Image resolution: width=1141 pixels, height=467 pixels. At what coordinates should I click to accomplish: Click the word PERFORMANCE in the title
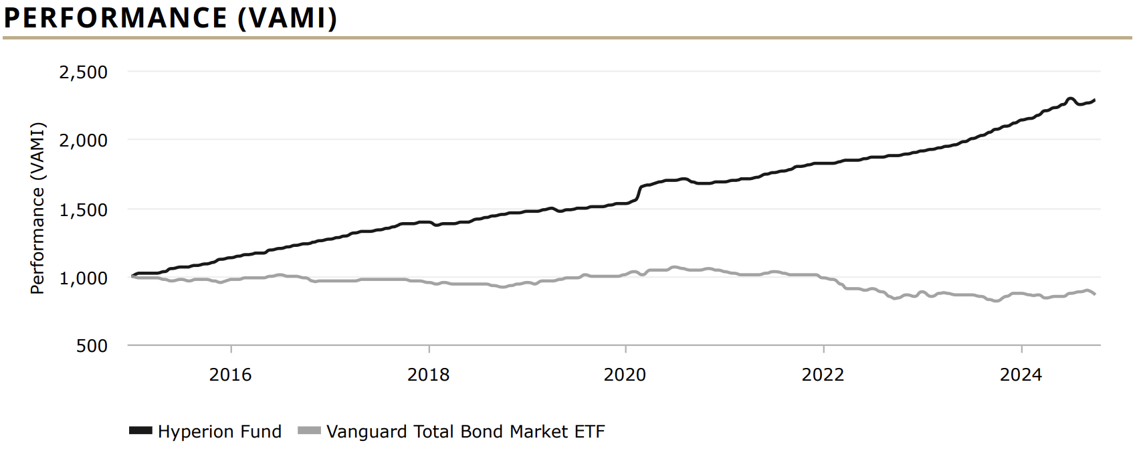pyautogui.click(x=116, y=18)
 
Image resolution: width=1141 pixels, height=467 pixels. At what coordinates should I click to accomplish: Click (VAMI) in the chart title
pyautogui.click(x=287, y=18)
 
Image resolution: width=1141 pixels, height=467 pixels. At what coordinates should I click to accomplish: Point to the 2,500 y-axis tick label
pyautogui.click(x=84, y=72)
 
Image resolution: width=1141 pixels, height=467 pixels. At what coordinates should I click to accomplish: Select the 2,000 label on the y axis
pyautogui.click(x=84, y=141)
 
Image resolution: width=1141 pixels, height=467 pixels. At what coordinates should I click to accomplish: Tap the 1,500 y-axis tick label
pyautogui.click(x=84, y=210)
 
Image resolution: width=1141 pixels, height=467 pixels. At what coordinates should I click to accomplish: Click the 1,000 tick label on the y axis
pyautogui.click(x=84, y=278)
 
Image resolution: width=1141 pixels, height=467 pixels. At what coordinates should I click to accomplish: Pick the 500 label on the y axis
pyautogui.click(x=92, y=346)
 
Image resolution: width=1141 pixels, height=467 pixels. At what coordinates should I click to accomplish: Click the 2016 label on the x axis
pyautogui.click(x=231, y=375)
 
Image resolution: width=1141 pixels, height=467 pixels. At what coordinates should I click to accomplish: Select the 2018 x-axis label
pyautogui.click(x=428, y=375)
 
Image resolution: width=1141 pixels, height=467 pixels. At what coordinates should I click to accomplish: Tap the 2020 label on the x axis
pyautogui.click(x=625, y=375)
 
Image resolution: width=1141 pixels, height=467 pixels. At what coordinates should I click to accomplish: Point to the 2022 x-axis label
pyautogui.click(x=823, y=375)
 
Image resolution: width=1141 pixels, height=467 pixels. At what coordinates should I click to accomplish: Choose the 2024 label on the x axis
pyautogui.click(x=1021, y=375)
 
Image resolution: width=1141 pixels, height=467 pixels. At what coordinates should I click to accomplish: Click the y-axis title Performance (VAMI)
pyautogui.click(x=37, y=208)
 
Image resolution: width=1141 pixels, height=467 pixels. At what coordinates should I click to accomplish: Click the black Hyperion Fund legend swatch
pyautogui.click(x=140, y=431)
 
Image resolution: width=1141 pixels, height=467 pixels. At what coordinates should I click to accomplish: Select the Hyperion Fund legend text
pyautogui.click(x=219, y=432)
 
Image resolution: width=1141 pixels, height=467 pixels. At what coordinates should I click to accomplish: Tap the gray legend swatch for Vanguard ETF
pyautogui.click(x=309, y=431)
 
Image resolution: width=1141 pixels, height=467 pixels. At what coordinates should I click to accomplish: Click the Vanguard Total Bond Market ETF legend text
pyautogui.click(x=465, y=432)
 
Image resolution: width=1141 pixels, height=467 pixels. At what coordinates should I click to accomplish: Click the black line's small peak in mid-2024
pyautogui.click(x=1070, y=99)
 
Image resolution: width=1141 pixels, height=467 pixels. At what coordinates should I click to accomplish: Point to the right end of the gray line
pyautogui.click(x=1094, y=294)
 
